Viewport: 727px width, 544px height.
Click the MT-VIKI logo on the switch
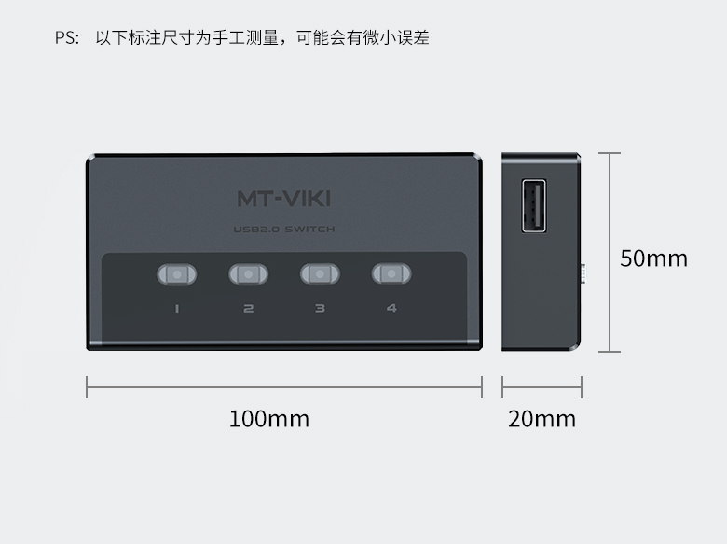(283, 199)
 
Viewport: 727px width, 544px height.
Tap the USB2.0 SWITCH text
(283, 229)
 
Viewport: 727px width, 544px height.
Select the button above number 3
(320, 273)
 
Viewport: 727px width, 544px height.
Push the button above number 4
(391, 273)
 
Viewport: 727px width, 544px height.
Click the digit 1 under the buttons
(177, 308)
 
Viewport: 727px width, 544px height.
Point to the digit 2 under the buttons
(249, 308)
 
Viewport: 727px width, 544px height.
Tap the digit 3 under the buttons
(320, 308)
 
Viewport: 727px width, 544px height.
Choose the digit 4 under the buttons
(391, 308)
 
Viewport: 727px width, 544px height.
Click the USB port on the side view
(534, 205)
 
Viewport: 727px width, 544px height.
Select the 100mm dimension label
(269, 419)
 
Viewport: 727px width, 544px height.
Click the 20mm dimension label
(542, 419)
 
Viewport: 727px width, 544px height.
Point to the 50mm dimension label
(653, 258)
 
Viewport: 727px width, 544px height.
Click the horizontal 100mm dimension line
(284, 387)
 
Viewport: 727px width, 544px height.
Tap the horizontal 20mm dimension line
(542, 387)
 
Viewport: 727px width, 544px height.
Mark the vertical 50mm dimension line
(610, 252)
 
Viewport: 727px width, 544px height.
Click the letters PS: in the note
(67, 37)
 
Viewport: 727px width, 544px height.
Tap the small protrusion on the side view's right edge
(583, 273)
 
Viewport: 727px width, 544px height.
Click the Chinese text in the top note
(263, 37)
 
